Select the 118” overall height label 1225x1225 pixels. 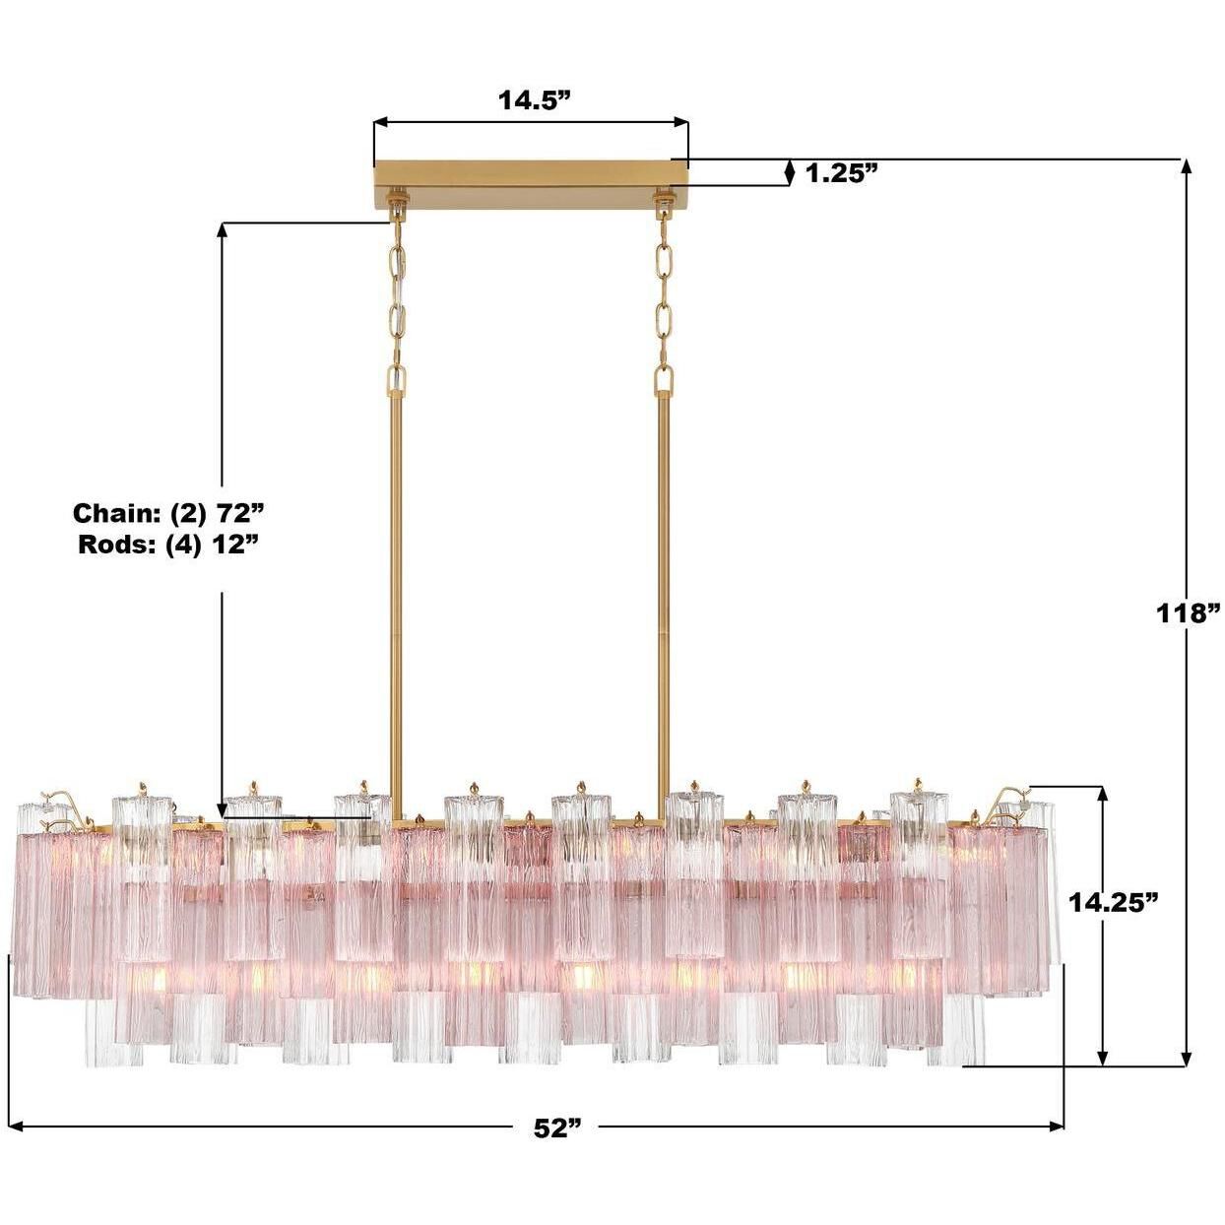point(1189,612)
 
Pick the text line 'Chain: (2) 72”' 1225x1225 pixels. point(169,513)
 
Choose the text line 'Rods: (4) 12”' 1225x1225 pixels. point(168,544)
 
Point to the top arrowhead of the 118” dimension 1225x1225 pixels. point(1187,167)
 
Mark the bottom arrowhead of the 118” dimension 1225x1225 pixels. point(1187,1058)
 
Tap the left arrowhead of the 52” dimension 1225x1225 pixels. point(16,1126)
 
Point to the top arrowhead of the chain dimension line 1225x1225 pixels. point(223,230)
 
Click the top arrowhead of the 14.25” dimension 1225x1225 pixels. point(1103,794)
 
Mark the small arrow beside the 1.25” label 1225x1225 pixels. point(788,172)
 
